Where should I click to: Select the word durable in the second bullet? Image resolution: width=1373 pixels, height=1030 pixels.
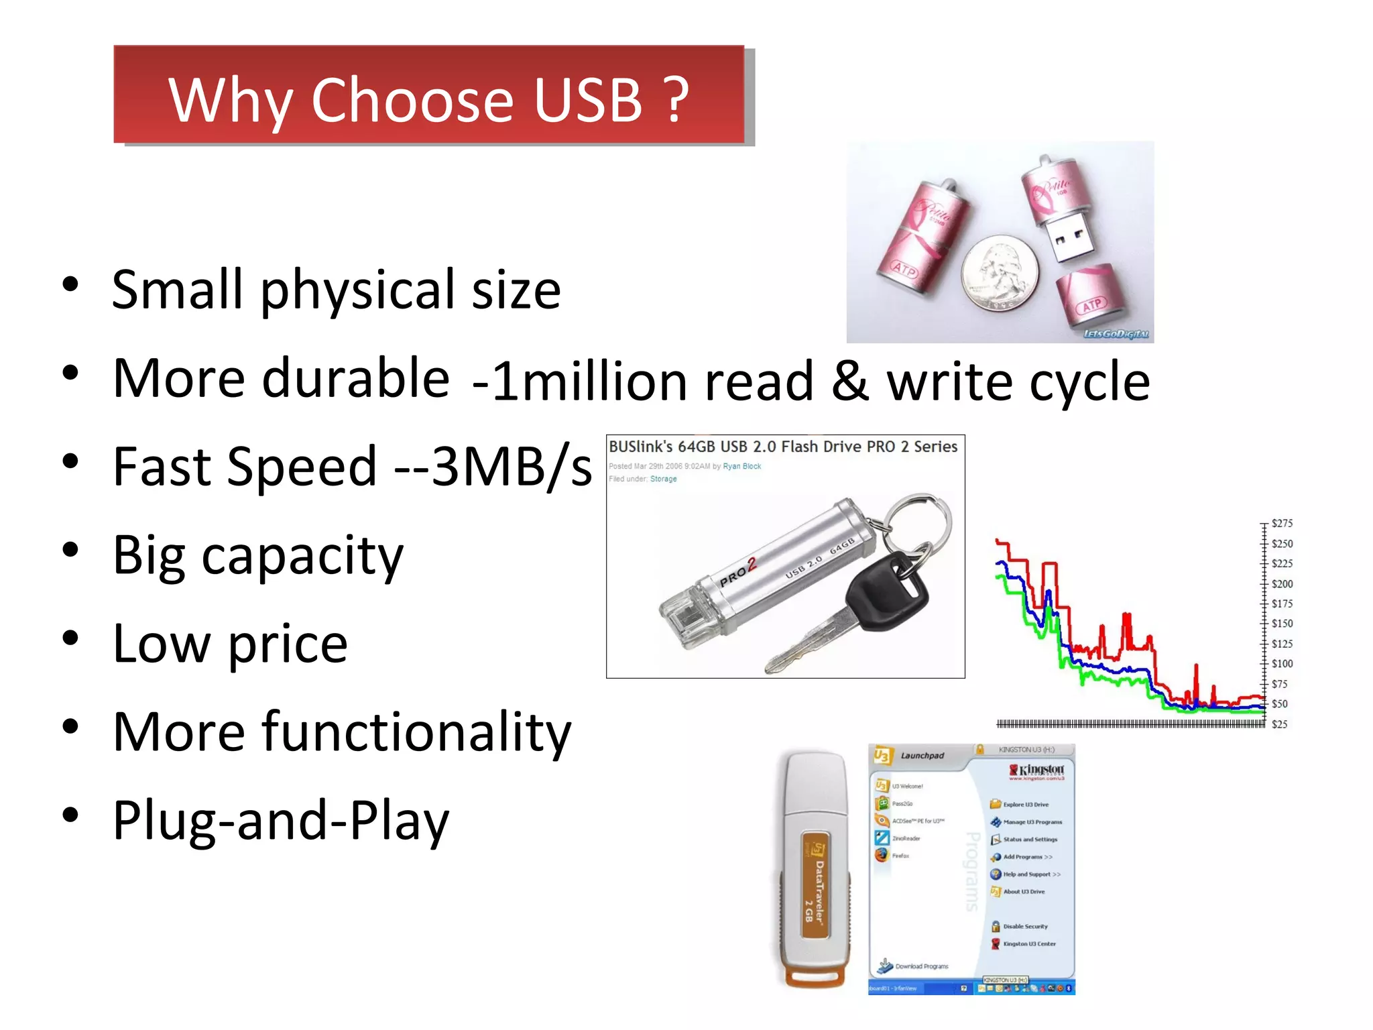(x=355, y=379)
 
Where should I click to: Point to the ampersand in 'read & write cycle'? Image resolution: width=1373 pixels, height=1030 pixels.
(x=850, y=381)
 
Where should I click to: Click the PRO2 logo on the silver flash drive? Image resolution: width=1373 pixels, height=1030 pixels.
(x=737, y=572)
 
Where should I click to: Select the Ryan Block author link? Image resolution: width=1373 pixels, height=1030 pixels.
(x=741, y=466)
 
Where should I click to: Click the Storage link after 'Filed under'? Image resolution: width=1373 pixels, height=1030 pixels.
(x=663, y=479)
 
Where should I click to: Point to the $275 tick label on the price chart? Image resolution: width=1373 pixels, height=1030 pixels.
(x=1282, y=524)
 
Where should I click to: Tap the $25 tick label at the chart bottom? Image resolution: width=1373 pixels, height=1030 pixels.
(x=1279, y=724)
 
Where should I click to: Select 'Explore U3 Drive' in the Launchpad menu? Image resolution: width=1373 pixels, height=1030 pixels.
(x=1025, y=805)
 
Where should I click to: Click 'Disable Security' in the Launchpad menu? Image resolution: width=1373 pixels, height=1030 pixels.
(x=1024, y=927)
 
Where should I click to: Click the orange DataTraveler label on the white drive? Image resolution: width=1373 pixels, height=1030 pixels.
(x=815, y=885)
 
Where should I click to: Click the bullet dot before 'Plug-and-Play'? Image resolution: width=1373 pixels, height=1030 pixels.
(x=70, y=815)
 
